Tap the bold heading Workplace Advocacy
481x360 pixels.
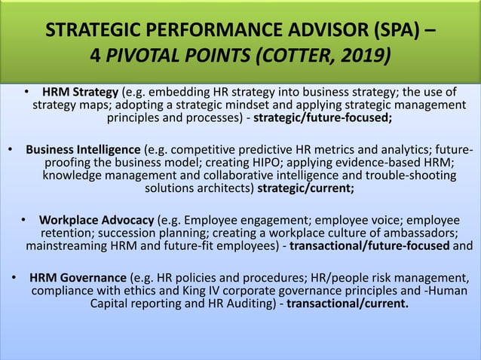[x=97, y=220]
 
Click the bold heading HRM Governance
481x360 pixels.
[x=78, y=277]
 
